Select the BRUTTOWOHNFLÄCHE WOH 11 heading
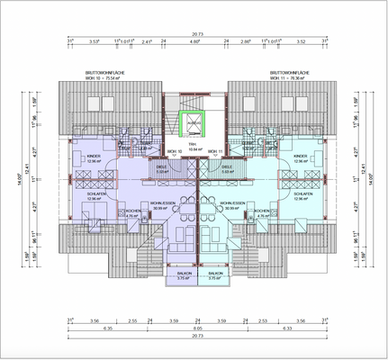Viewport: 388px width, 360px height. tap(291, 73)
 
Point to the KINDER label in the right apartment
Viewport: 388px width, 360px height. tap(302, 157)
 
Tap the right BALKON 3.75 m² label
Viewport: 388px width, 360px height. tap(215, 275)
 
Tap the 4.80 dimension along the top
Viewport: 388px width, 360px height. tap(195, 41)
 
